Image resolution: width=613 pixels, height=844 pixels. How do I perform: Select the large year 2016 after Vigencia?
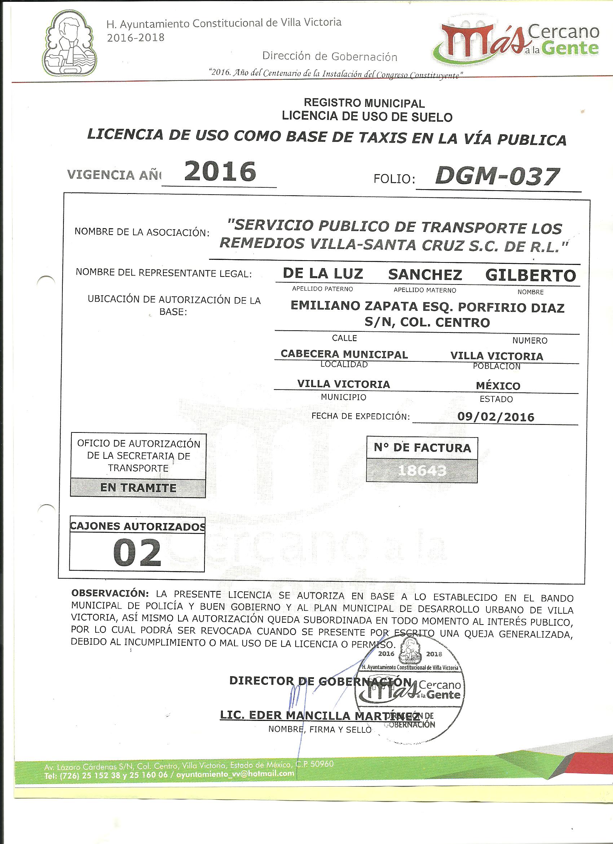tap(220, 171)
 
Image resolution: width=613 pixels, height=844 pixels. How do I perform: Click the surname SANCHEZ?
tap(425, 275)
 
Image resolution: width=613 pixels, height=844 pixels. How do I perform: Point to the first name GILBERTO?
tap(530, 275)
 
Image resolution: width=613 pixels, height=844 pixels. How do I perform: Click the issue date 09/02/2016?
tap(495, 417)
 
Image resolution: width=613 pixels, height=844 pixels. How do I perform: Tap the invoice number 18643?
tap(422, 471)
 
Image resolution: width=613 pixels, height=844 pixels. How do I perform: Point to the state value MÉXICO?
tap(498, 386)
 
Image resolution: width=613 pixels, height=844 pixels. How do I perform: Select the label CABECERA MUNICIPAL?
tap(344, 354)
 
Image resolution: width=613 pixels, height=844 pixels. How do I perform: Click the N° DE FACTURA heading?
tap(422, 448)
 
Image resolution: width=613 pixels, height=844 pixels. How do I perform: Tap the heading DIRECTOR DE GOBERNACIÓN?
tap(320, 680)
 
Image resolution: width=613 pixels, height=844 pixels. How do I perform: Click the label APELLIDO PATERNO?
tap(322, 289)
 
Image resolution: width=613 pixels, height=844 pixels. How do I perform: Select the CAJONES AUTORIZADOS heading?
tap(137, 526)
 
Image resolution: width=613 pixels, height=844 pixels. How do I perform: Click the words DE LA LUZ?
tap(323, 274)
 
